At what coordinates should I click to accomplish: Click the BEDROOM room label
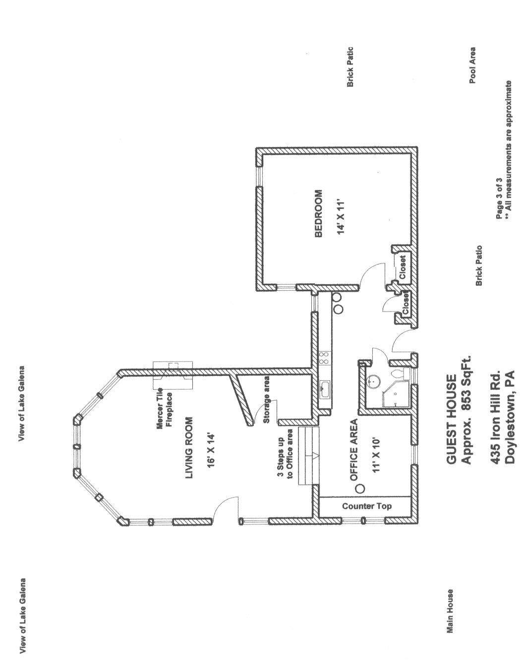tap(318, 213)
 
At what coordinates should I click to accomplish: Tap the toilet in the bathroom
tap(400, 374)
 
